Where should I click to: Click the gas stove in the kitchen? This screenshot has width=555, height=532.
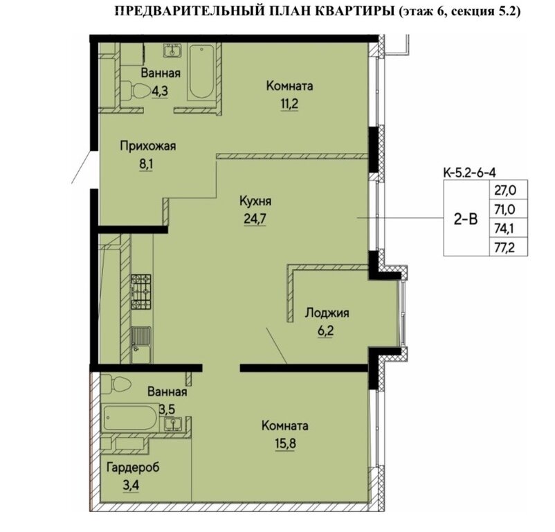(141, 292)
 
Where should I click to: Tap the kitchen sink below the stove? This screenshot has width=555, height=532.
(141, 339)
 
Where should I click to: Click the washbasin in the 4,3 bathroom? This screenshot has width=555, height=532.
(172, 50)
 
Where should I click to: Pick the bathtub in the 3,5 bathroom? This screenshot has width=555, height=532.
(130, 418)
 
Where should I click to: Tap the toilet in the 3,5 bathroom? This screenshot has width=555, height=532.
(116, 384)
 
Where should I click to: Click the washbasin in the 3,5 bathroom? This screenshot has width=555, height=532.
(173, 424)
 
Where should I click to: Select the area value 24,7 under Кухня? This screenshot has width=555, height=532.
(255, 220)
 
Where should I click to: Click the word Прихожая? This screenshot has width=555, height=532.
(148, 146)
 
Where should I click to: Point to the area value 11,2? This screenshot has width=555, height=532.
(289, 104)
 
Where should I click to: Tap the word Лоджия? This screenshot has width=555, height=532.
(327, 312)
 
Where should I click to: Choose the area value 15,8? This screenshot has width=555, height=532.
(285, 443)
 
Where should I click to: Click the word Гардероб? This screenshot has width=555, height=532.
(133, 467)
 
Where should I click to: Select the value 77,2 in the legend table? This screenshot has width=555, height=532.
(505, 247)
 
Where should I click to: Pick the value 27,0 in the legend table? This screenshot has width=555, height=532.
(505, 190)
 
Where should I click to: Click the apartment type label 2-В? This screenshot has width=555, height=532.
(466, 220)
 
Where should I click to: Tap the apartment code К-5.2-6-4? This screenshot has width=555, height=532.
(470, 172)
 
